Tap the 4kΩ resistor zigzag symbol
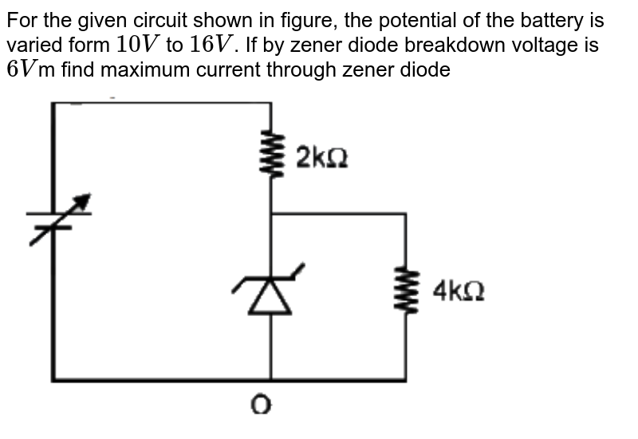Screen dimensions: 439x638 click(x=407, y=291)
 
